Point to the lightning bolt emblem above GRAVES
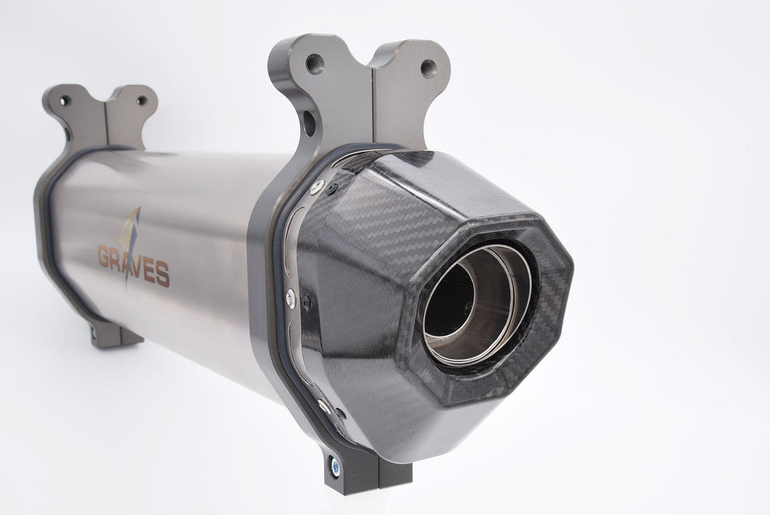[x=130, y=241]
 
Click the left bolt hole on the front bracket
[x=315, y=64]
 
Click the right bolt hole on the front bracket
[x=428, y=69]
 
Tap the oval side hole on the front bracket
[x=309, y=124]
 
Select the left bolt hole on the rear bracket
[x=65, y=101]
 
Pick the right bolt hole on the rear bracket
[x=141, y=101]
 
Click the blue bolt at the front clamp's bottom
[x=335, y=467]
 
